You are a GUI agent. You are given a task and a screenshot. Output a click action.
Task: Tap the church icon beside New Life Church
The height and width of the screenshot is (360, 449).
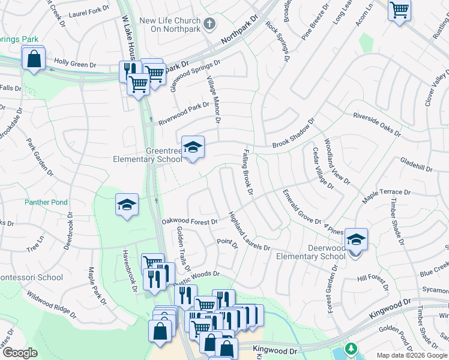[209, 25]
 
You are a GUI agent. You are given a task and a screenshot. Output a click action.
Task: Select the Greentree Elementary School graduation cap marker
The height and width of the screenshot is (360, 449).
[193, 147]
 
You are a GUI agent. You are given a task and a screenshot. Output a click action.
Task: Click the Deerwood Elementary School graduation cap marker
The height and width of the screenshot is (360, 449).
[356, 239]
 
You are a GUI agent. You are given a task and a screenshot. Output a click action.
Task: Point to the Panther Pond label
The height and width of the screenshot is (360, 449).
[46, 203]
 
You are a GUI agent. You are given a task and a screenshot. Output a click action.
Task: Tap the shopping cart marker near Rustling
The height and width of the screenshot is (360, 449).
[399, 10]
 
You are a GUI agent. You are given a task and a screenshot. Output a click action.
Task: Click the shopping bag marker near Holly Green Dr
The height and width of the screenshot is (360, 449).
[34, 59]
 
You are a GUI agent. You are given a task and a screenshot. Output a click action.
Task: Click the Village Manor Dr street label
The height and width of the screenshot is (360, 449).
[214, 100]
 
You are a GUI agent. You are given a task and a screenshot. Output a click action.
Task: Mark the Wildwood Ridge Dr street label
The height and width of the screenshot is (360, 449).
[50, 304]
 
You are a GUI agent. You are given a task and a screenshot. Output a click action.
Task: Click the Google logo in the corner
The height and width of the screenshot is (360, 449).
[20, 353]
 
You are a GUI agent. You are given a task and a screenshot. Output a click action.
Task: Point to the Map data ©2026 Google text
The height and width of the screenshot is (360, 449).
[411, 355]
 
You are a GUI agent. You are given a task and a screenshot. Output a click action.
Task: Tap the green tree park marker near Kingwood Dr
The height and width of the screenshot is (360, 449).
[351, 349]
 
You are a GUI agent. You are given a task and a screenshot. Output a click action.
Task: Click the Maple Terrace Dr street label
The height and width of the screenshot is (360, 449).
[385, 193]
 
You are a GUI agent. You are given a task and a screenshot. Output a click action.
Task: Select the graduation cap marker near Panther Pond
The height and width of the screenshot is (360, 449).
[127, 205]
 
